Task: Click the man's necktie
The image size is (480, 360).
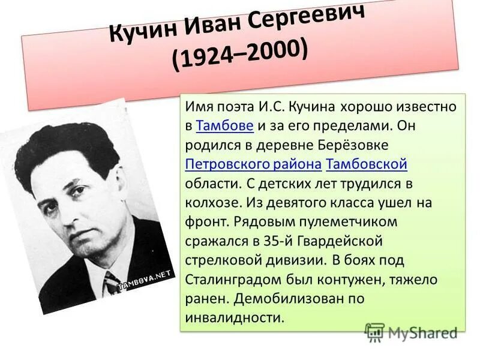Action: [112, 282]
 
